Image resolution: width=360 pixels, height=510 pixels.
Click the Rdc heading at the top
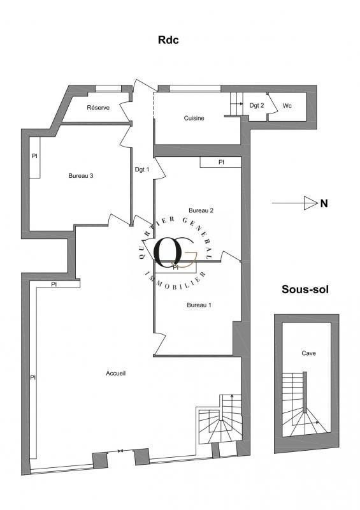pos(169,40)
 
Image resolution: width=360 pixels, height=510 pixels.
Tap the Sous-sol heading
pos(305,289)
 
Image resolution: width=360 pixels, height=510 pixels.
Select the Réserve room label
pos(98,108)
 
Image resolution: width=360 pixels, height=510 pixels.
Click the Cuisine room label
pos(194,118)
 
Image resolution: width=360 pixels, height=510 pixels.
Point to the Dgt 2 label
pos(256,106)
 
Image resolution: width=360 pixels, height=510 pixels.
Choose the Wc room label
pos(287,106)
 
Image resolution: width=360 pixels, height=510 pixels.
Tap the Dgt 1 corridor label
pos(141,169)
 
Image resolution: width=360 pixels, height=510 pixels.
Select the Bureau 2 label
pos(201,210)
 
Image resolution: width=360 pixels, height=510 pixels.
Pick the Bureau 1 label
pos(199,305)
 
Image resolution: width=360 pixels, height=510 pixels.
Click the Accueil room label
pos(115,374)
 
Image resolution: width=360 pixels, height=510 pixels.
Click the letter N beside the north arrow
pos(324,204)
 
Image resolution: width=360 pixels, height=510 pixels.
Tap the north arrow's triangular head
pos(310,203)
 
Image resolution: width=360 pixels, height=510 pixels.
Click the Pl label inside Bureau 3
pos(34,156)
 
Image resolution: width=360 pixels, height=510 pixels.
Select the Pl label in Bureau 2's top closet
pos(221,163)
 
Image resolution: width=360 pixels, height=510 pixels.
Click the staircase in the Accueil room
pos(220,423)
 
